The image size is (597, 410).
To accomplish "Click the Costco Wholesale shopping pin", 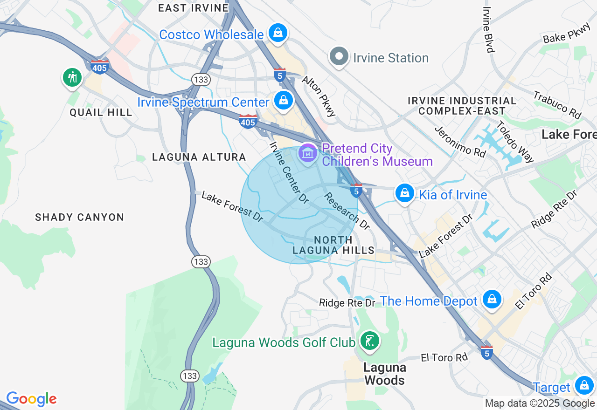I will (278, 33).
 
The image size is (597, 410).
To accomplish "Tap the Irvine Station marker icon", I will (339, 57).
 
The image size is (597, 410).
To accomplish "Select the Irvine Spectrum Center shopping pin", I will (283, 100).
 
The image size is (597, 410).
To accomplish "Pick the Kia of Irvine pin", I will (404, 193).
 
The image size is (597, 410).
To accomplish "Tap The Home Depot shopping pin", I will (492, 299).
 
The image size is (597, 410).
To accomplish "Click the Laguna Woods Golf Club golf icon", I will (369, 341).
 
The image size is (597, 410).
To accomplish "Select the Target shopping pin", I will (583, 385).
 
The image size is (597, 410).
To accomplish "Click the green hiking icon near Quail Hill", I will (72, 77).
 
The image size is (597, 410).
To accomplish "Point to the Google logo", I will (31, 399).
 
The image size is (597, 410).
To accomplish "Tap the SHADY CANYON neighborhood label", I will (80, 217).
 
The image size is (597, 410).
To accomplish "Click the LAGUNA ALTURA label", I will (199, 157).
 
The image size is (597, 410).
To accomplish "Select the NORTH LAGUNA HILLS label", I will (333, 245).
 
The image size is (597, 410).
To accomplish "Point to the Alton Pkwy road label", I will (319, 96).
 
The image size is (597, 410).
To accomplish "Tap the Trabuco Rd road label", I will (557, 105).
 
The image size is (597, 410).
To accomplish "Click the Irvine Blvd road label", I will (488, 29).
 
